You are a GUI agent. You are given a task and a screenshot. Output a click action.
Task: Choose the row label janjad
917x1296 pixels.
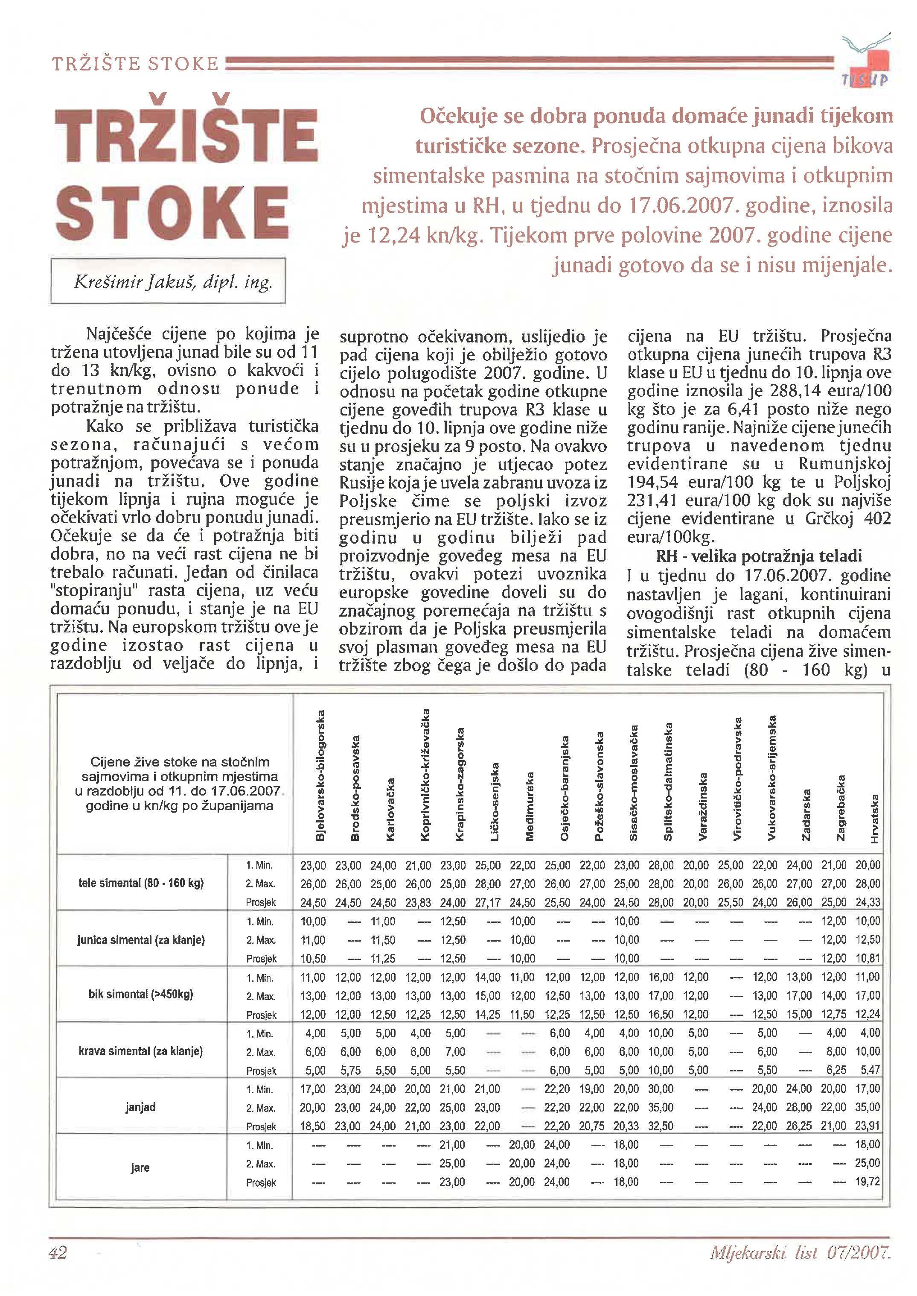click(140, 1107)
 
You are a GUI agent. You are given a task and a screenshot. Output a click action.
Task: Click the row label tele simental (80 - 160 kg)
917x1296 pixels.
click(140, 883)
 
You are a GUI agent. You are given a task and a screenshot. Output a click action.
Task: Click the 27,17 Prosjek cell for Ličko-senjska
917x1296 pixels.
click(487, 902)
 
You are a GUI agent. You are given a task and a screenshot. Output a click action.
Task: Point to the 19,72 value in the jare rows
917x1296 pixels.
click(868, 1182)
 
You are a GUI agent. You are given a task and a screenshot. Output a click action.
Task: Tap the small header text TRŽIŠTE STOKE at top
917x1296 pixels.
click(136, 63)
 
